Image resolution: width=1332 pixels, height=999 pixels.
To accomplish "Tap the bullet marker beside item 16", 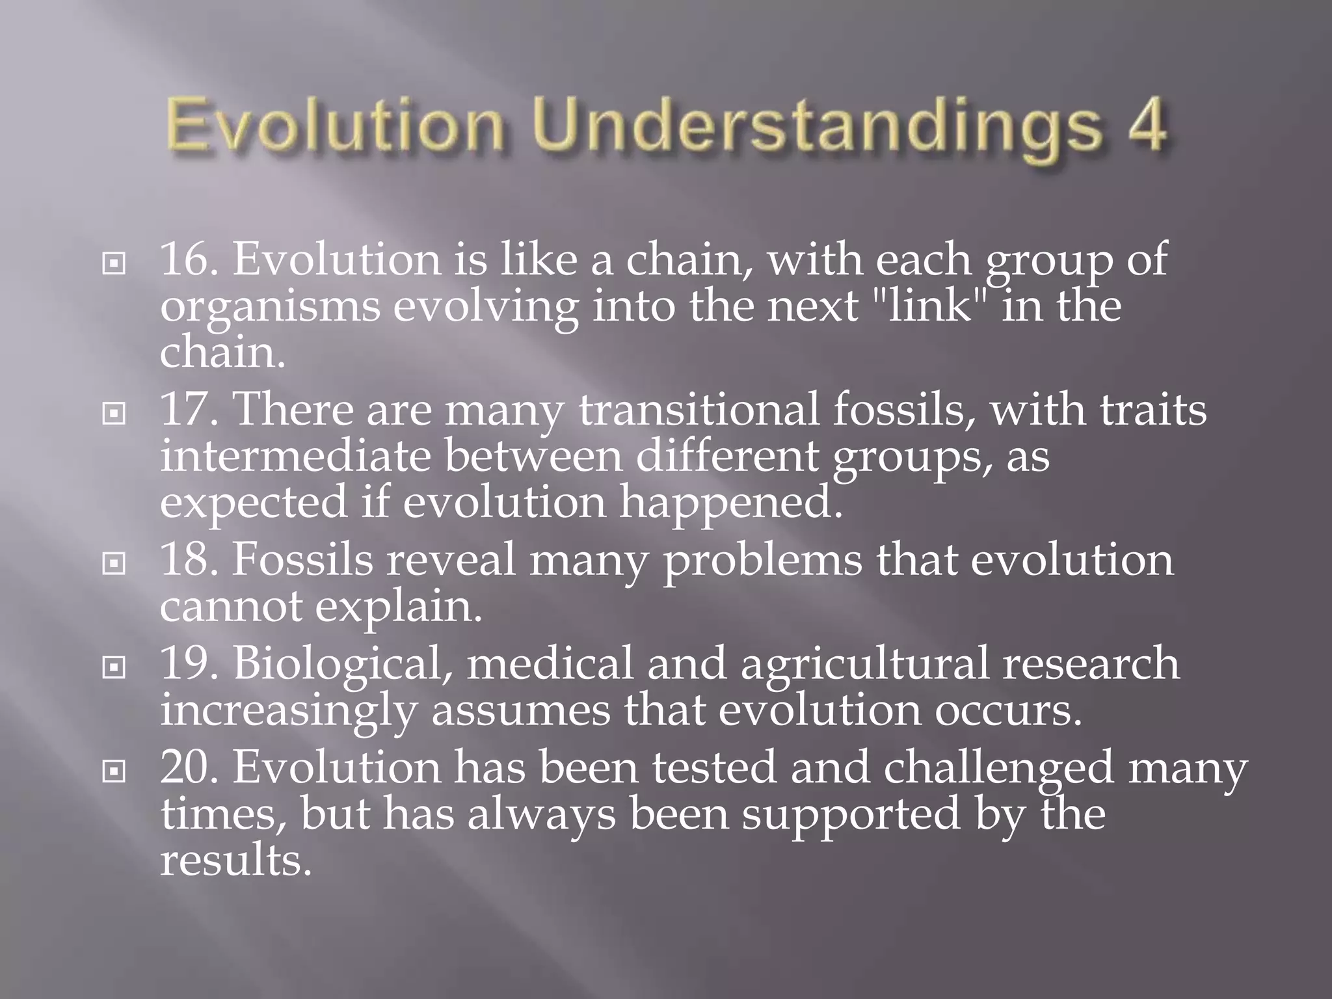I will (114, 264).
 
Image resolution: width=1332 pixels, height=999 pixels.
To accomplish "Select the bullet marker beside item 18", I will (114, 564).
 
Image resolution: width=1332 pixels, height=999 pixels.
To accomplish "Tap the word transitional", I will (699, 410).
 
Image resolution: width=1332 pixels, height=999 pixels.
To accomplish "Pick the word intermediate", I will (295, 456).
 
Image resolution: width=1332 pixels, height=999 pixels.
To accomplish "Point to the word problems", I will (762, 561).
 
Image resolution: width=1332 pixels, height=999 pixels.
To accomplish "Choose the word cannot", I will (231, 606).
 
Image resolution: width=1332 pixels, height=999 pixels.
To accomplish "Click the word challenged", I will (998, 768).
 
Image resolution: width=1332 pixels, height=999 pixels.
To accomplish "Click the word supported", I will (851, 815).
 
